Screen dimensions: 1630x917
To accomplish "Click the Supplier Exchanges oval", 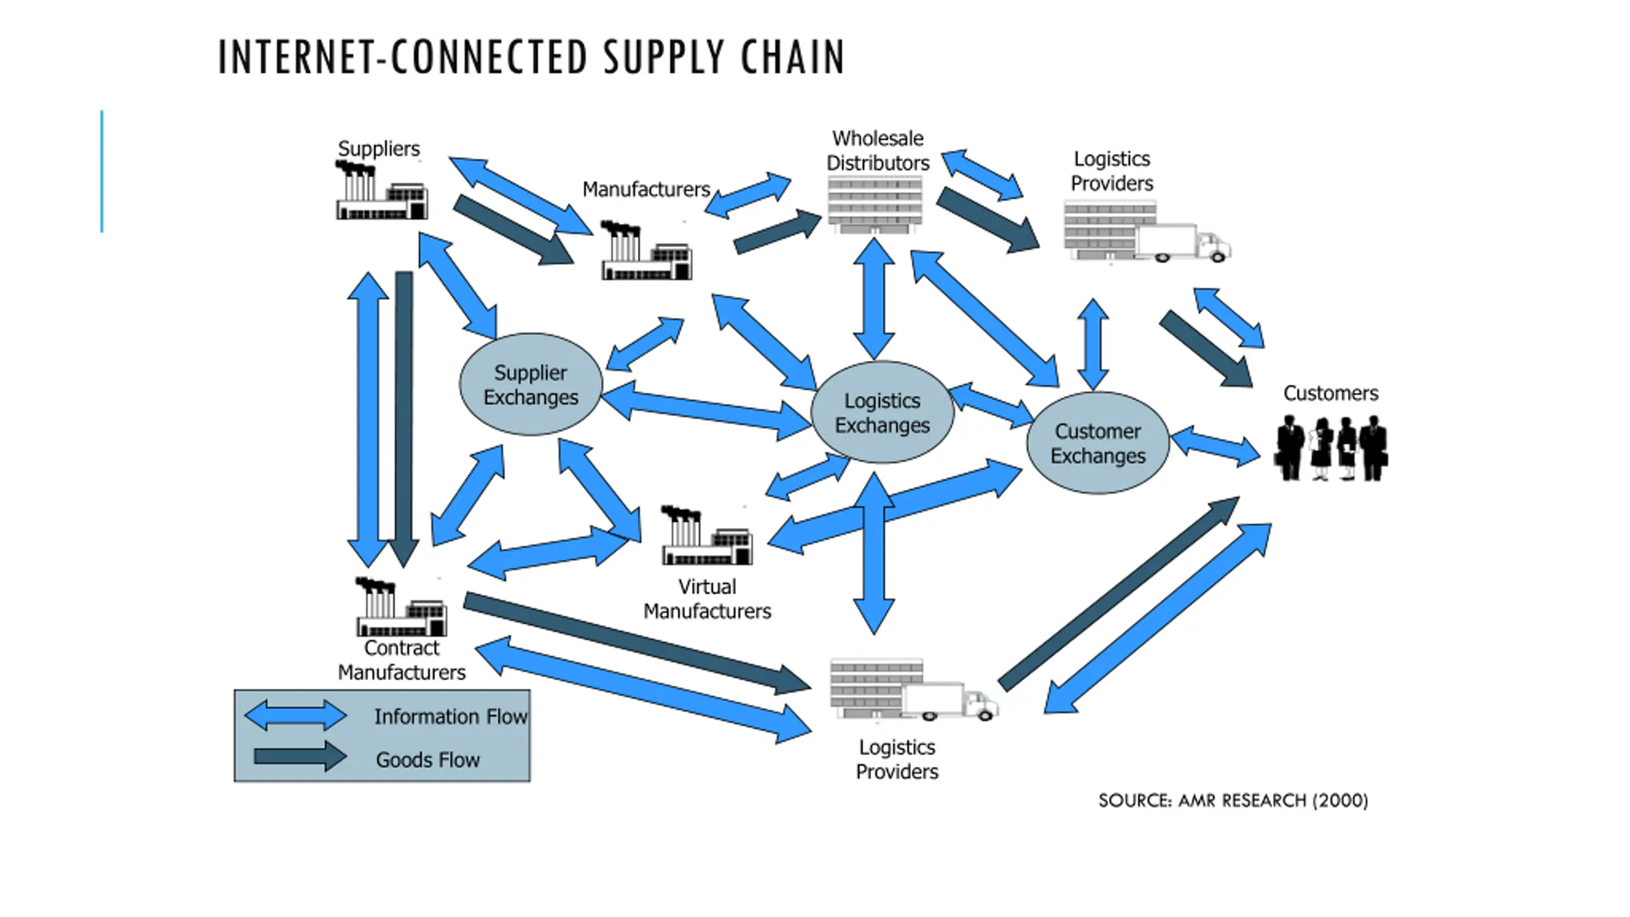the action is click(x=530, y=385).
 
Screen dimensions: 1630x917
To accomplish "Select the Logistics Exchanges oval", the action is click(x=882, y=412).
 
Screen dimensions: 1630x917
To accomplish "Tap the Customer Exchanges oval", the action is click(x=1098, y=443).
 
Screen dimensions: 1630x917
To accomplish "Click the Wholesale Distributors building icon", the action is click(x=875, y=204).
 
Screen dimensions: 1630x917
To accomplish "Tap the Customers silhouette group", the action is click(x=1331, y=448).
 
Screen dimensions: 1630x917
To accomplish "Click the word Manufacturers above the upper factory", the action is click(x=646, y=189).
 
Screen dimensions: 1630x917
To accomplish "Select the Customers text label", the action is click(x=1331, y=393).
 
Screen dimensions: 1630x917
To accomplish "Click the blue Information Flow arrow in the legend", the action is click(x=295, y=715).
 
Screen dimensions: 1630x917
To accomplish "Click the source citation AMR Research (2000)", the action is click(x=1233, y=800).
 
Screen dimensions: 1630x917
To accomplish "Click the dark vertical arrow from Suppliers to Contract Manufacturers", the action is click(x=404, y=419).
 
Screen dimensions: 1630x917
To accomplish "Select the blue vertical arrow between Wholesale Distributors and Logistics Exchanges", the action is click(x=874, y=298).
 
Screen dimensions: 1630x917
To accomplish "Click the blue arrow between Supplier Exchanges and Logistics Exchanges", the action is click(x=705, y=411).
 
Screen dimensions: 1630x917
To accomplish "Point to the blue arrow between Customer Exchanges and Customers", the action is click(x=1215, y=446).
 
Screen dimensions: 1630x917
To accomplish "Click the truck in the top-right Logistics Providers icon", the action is click(x=1184, y=243).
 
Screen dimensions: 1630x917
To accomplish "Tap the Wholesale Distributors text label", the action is click(x=878, y=150).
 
